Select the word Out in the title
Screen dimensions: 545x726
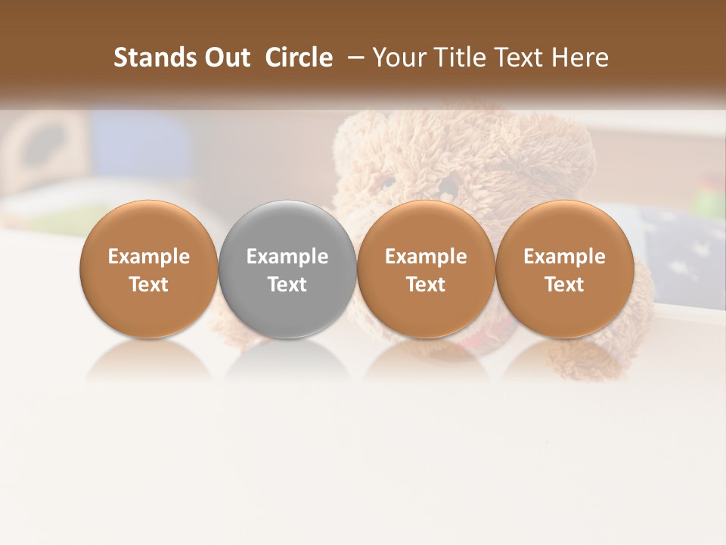pyautogui.click(x=226, y=58)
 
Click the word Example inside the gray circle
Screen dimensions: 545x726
pyautogui.click(x=287, y=257)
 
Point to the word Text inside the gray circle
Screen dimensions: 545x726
pyautogui.click(x=287, y=285)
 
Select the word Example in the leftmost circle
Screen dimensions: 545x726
pyautogui.click(x=149, y=257)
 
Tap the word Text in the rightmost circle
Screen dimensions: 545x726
pyautogui.click(x=565, y=285)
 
